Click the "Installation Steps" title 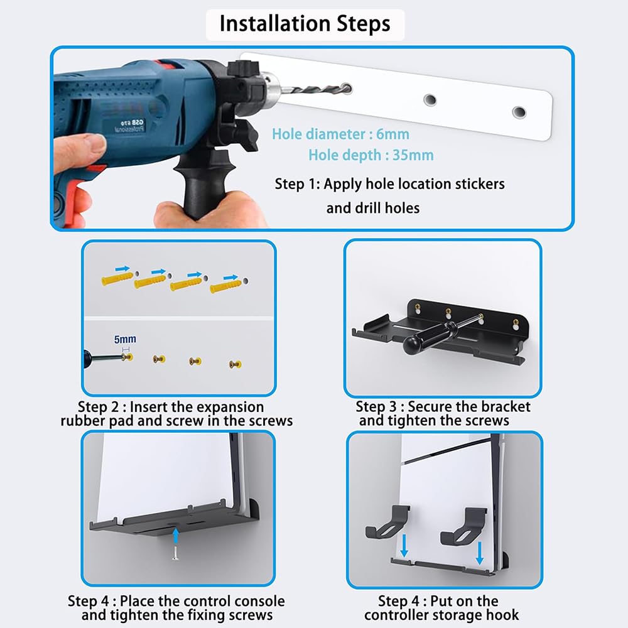click(305, 24)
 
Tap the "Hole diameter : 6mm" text click(340, 134)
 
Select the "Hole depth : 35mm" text click(371, 155)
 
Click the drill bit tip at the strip click(347, 88)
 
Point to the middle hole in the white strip click(430, 99)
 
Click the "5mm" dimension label click(125, 339)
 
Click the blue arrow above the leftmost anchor click(122, 268)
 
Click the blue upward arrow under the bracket click(175, 535)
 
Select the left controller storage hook click(387, 522)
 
